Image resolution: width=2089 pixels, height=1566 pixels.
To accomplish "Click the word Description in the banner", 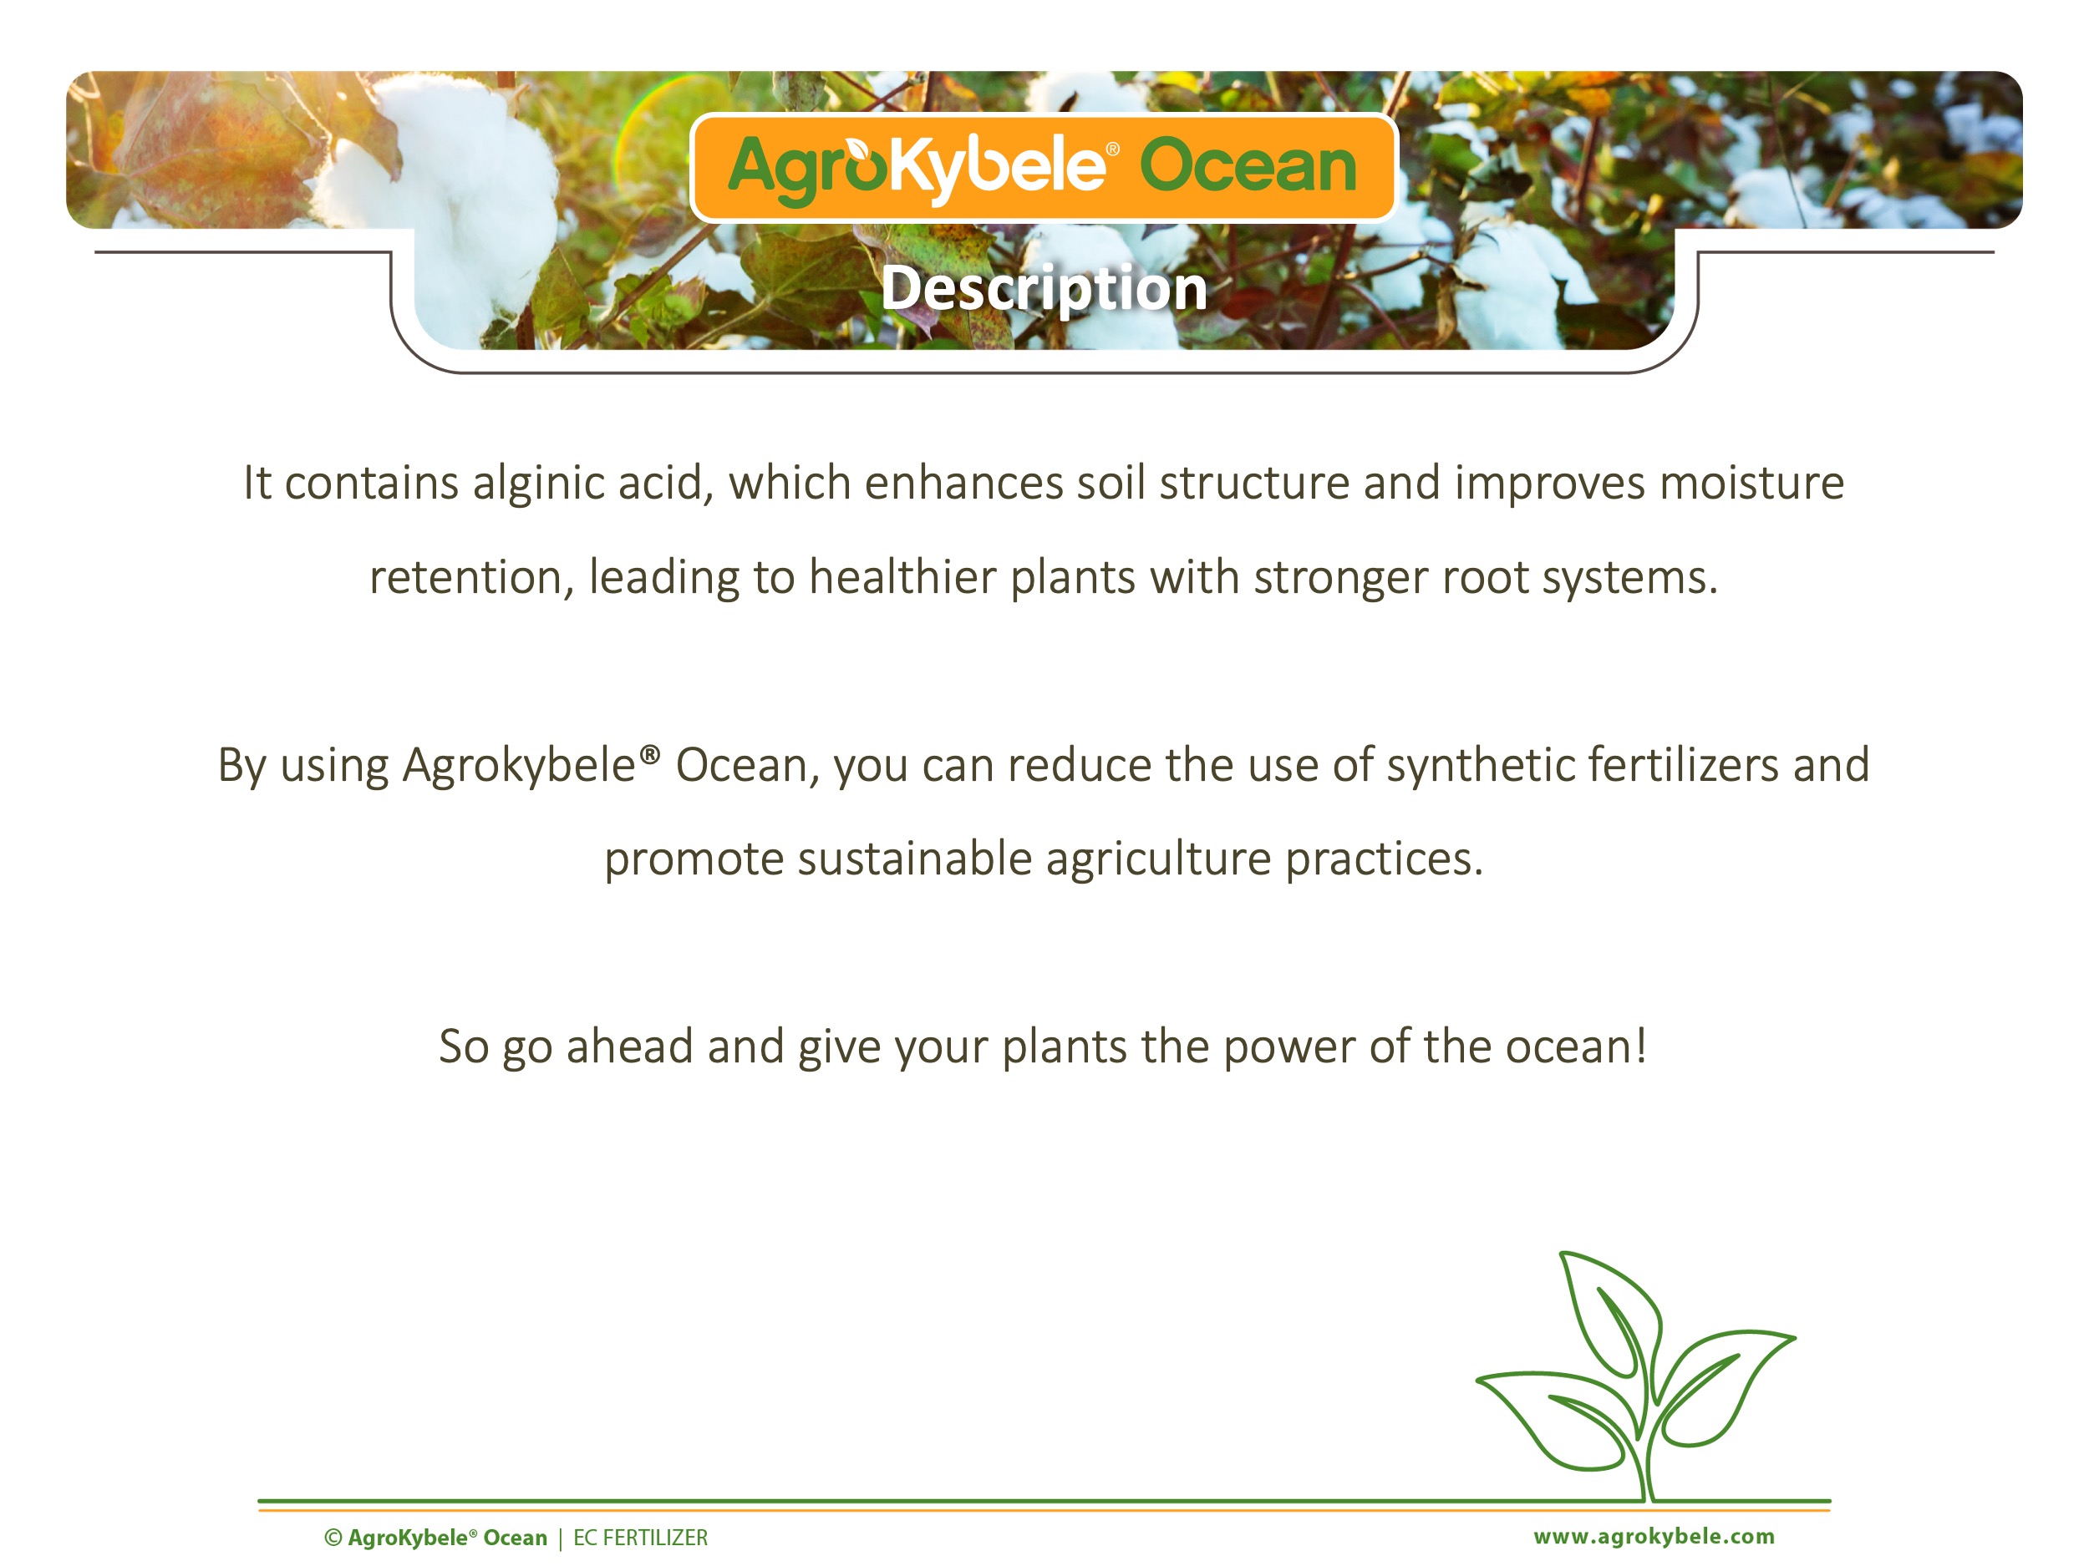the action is pyautogui.click(x=1044, y=288).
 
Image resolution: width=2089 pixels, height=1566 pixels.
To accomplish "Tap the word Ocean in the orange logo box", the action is pyautogui.click(x=1248, y=166).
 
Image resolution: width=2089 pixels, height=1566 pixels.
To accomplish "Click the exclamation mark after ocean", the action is pyautogui.click(x=1640, y=1046).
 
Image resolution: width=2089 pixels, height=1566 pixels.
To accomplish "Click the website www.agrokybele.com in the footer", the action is pyautogui.click(x=1654, y=1536).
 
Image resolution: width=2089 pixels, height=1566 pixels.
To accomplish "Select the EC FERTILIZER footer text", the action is pyautogui.click(x=640, y=1538).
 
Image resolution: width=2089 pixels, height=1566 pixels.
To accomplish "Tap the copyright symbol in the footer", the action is pyautogui.click(x=333, y=1538).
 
